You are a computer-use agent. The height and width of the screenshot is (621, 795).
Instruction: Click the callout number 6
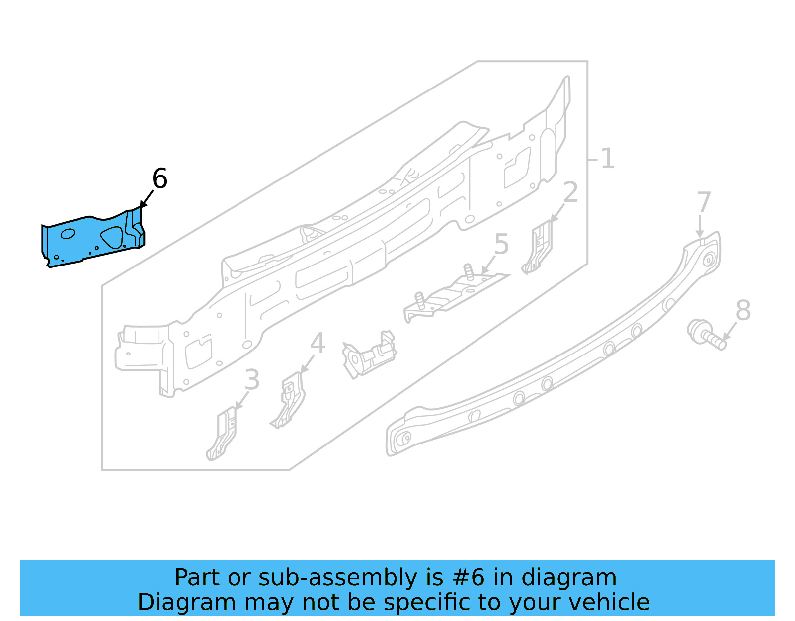[x=159, y=178]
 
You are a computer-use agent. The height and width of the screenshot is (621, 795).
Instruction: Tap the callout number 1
[x=607, y=159]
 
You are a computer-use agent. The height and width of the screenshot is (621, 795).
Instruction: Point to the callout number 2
[x=570, y=192]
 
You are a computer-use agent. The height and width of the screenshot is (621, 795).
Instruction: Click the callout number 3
[x=252, y=380]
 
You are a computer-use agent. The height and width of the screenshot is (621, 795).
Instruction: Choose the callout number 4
[x=318, y=343]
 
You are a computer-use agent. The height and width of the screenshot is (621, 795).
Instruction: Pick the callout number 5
[x=501, y=244]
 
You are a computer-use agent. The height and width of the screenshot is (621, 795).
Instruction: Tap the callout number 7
[x=704, y=202]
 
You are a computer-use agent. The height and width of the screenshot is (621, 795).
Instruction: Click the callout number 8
[x=743, y=310]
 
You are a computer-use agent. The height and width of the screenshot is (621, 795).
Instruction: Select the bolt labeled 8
[x=706, y=334]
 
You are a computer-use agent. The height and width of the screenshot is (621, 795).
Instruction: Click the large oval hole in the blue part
[x=112, y=237]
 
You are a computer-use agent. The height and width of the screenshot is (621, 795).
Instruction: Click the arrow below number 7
[x=700, y=227]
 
